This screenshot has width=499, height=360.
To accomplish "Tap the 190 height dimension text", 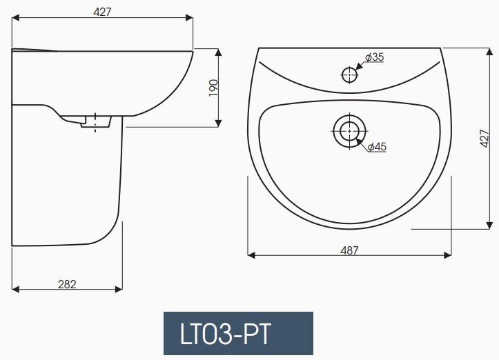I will [214, 88].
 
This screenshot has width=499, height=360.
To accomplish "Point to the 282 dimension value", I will [66, 283].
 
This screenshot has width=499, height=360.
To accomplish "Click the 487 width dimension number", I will [350, 250].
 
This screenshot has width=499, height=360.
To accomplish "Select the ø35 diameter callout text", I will [373, 58].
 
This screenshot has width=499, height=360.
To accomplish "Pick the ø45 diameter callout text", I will [376, 147].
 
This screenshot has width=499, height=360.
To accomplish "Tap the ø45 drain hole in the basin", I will [350, 130].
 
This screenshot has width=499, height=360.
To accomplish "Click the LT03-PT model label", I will [238, 334].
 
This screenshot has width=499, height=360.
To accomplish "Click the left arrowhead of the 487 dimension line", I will [251, 256].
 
